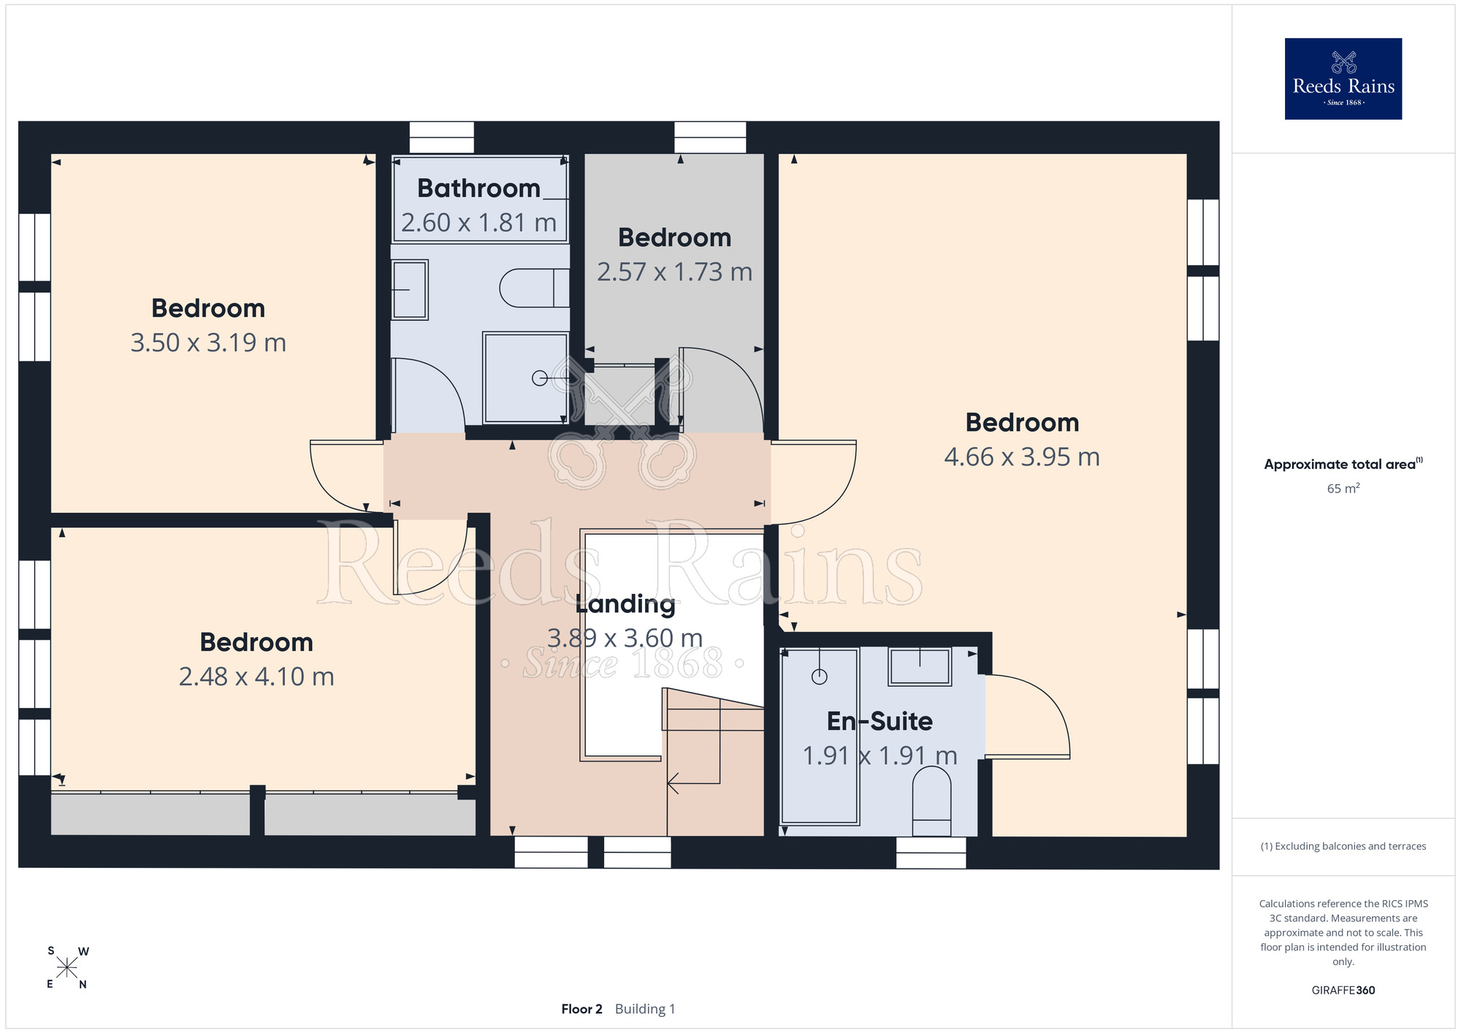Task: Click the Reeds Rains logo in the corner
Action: tap(1343, 79)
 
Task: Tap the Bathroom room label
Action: tap(478, 188)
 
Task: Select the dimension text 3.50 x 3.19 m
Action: tap(208, 343)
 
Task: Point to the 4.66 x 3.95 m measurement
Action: tap(1022, 457)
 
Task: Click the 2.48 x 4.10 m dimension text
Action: tap(256, 676)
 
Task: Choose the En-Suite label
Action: tap(880, 721)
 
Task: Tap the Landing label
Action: tap(625, 604)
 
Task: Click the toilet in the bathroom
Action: tap(534, 288)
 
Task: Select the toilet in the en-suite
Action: tap(931, 801)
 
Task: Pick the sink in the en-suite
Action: tap(920, 666)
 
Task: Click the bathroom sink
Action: tap(410, 289)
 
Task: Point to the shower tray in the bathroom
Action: tap(525, 378)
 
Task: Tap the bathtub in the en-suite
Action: tap(820, 736)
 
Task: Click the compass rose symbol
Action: tap(66, 968)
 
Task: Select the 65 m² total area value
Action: tap(1343, 488)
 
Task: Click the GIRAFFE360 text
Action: tap(1343, 991)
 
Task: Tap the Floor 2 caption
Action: tap(581, 1009)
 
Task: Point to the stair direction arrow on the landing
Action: tap(694, 783)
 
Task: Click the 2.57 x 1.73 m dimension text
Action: tap(674, 272)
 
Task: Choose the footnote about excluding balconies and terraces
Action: tap(1343, 846)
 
